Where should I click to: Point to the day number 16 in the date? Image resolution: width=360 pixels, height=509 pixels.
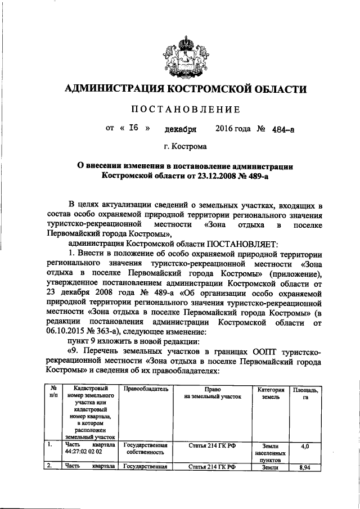click(133, 128)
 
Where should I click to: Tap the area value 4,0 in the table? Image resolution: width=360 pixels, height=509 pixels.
click(305, 446)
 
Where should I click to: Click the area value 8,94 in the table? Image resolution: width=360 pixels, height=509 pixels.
click(305, 467)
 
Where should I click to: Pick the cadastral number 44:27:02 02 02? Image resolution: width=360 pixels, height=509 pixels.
click(83, 451)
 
